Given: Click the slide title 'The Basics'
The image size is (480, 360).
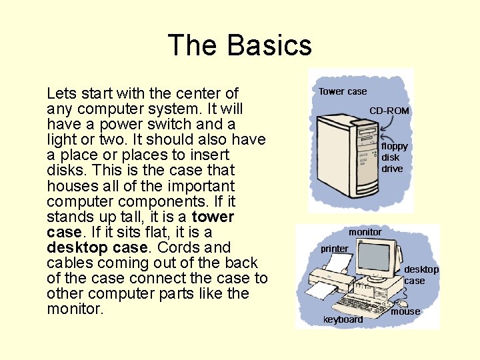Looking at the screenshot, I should pos(239,45).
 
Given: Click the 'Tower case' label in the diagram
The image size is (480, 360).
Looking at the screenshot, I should pos(342,91).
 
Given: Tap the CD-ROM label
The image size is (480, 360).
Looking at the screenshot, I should pos(389,111).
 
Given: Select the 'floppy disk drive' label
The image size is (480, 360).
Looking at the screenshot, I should pos(394,157).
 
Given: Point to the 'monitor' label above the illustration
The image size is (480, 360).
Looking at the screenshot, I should pos(365,232).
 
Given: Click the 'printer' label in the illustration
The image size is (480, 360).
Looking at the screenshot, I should pos(334,249).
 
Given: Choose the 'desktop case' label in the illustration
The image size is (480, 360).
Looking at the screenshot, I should pos(421,275).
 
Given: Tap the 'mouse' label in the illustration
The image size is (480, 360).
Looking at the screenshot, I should pos(405,311).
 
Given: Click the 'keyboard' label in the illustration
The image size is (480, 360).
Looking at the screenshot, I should pos(343,319).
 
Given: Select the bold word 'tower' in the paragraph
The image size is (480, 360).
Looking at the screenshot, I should pos(213,217).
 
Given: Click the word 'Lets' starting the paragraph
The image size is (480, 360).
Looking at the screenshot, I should pos(61,93).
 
